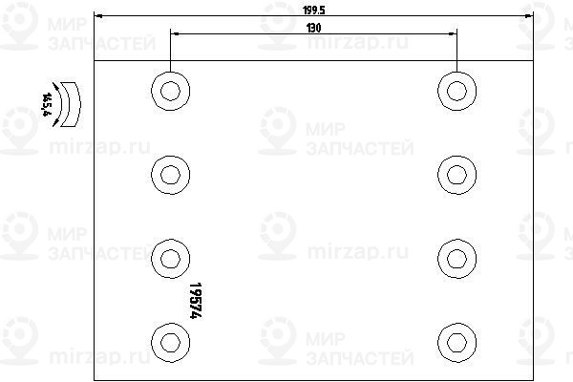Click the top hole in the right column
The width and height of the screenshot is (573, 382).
click(456, 91)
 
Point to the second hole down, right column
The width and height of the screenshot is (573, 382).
click(456, 174)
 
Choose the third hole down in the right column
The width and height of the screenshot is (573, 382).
click(456, 257)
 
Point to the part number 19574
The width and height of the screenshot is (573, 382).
click(198, 300)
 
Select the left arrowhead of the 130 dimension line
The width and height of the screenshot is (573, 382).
click(173, 33)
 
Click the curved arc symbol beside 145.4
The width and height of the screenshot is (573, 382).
click(65, 103)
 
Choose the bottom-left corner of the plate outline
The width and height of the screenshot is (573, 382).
click(97, 379)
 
